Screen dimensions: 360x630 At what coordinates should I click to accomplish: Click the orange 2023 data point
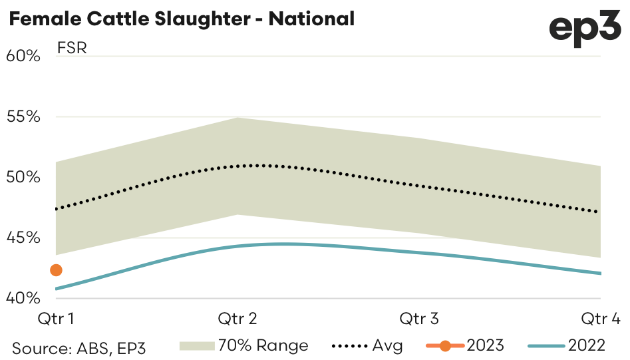pos(56,270)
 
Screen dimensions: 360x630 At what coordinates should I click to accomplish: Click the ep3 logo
pos(585,29)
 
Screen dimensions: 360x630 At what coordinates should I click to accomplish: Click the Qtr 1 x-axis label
pos(55,319)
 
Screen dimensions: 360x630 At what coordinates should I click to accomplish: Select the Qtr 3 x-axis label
pos(419,319)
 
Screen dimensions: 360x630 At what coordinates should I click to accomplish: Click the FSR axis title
pos(72,49)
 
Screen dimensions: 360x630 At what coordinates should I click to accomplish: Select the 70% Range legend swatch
pos(196,345)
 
